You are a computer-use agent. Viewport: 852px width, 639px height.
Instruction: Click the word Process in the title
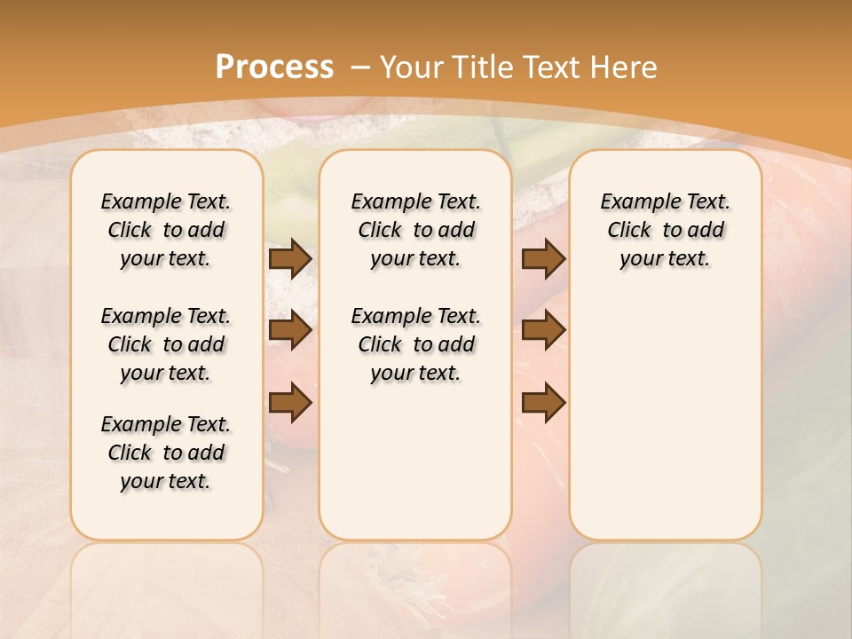tap(274, 67)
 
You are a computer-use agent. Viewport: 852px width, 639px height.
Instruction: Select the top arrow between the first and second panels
tap(289, 258)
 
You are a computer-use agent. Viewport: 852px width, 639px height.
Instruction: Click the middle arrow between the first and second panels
tap(289, 331)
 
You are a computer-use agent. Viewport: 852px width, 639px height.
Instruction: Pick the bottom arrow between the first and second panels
tap(289, 404)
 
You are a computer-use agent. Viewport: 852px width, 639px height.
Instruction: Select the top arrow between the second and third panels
tap(543, 258)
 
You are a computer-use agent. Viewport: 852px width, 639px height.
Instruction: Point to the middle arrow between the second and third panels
tap(543, 331)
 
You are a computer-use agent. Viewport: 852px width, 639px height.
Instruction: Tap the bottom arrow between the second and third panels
tap(543, 404)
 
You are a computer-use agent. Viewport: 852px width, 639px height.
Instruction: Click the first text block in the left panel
tap(166, 230)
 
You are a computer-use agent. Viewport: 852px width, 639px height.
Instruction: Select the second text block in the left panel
tap(166, 344)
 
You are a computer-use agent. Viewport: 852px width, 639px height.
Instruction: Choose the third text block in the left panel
tap(166, 453)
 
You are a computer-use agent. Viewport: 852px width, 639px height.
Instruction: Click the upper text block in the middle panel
tap(415, 230)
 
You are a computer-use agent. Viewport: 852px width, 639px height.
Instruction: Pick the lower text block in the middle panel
tap(415, 344)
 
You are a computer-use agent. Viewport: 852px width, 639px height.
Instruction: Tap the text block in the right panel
tap(666, 230)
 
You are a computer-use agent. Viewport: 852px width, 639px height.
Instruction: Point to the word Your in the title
tap(413, 67)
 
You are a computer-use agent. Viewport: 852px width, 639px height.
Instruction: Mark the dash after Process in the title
tap(359, 67)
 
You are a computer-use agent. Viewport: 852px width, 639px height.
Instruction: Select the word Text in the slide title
tap(554, 67)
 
